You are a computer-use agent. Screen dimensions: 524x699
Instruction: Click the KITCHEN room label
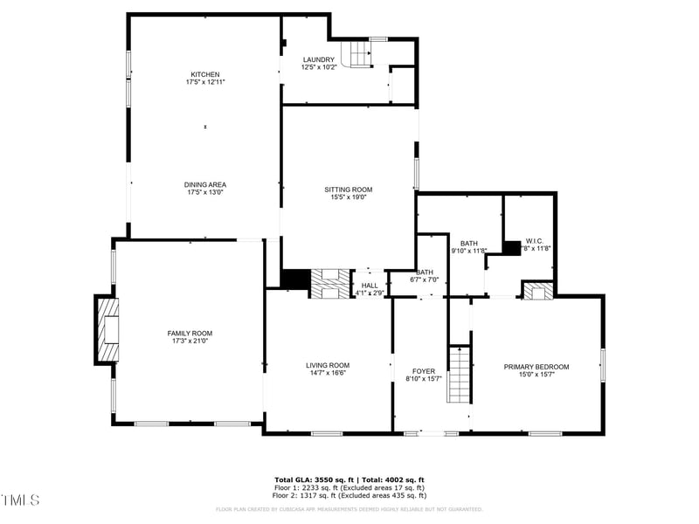[x=205, y=74]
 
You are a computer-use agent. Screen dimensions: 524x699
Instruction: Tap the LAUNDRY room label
[x=319, y=59]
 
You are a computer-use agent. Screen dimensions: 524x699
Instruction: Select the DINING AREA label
[x=205, y=184]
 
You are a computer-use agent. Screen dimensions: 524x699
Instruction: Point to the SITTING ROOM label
[x=349, y=190]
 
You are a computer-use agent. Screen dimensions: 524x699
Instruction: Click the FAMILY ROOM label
[x=190, y=333]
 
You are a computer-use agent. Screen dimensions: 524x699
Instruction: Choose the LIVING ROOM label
[x=328, y=365]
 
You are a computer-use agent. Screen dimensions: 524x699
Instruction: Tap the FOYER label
[x=424, y=371]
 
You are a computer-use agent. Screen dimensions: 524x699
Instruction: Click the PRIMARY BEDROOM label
[x=536, y=366]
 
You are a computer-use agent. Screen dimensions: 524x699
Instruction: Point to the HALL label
[x=370, y=285]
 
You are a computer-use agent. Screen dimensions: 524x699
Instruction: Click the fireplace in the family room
[x=107, y=329]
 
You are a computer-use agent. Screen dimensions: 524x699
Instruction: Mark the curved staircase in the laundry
[x=357, y=54]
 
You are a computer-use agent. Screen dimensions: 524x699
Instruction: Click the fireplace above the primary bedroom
[x=538, y=291]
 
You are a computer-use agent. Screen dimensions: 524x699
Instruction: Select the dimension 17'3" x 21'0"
[x=190, y=341]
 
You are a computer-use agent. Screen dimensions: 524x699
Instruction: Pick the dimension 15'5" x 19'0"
[x=349, y=197]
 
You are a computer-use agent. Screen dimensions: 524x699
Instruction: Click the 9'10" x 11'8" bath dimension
[x=468, y=251]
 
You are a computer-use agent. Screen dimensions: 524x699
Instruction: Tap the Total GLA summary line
[x=349, y=479]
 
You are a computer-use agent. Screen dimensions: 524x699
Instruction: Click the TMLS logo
[x=21, y=500]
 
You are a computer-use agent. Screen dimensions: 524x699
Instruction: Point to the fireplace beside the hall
[x=330, y=284]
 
